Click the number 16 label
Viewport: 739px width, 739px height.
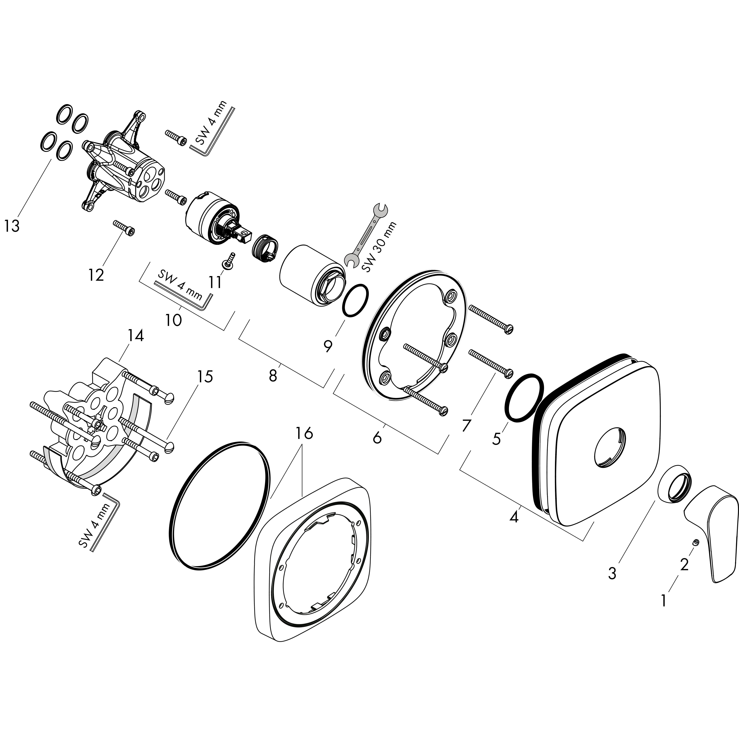[304, 433]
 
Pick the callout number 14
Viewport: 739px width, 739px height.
[136, 336]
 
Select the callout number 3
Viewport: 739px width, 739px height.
[612, 573]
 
